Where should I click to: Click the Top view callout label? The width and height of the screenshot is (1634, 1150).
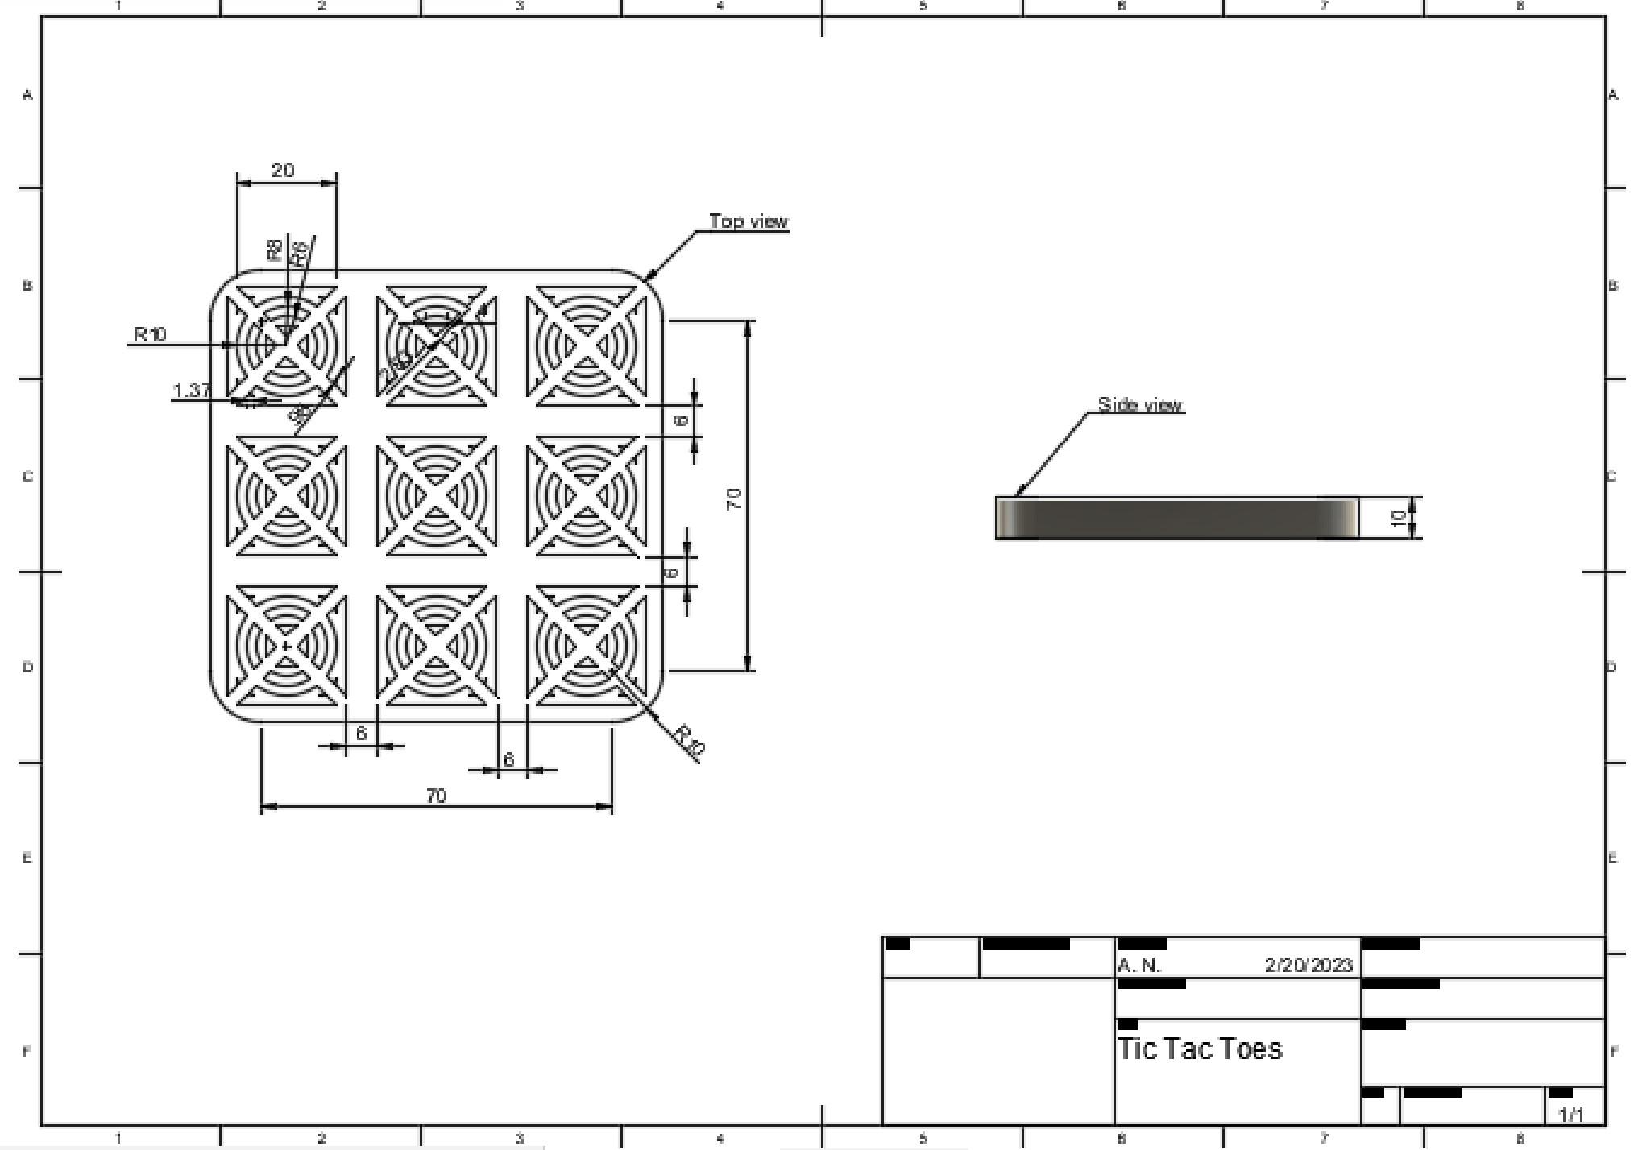(x=749, y=221)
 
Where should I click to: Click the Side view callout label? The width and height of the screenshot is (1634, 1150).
(x=1140, y=404)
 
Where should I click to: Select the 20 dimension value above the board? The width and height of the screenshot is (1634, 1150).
(x=283, y=170)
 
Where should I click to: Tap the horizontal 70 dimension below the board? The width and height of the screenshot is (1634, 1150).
(x=436, y=796)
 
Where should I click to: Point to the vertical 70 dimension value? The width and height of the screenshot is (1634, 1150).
(x=734, y=498)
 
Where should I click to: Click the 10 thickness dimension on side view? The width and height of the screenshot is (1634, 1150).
(x=1400, y=519)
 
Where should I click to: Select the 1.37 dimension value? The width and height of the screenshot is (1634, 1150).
(x=192, y=390)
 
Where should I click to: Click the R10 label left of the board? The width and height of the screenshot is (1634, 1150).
(x=150, y=334)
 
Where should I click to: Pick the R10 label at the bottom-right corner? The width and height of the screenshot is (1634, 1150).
(x=690, y=741)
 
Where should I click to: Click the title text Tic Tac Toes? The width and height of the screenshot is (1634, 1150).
(x=1200, y=1049)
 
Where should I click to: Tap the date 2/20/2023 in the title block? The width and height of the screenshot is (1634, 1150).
(x=1308, y=965)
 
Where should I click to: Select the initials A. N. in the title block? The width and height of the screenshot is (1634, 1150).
(x=1139, y=965)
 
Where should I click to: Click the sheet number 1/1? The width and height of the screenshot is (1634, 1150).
(x=1571, y=1115)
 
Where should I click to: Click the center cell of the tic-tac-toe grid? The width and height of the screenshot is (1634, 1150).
(x=436, y=495)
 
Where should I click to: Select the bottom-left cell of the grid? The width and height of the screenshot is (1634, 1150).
(x=286, y=646)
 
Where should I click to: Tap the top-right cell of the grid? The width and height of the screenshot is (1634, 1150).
(x=587, y=345)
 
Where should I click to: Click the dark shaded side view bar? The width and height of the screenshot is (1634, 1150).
(x=1176, y=518)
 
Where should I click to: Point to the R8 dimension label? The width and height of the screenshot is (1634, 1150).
(x=275, y=250)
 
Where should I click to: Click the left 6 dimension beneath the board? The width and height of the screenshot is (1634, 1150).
(x=361, y=733)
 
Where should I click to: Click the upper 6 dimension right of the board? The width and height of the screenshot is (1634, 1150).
(x=682, y=420)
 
